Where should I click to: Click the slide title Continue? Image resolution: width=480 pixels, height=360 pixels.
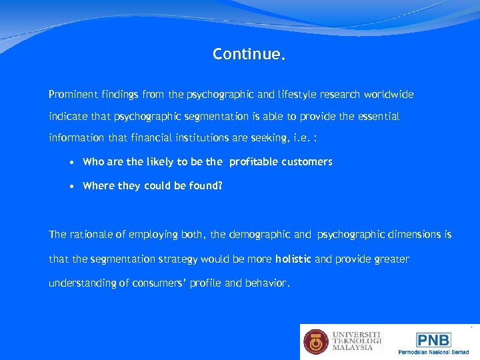point(249,54)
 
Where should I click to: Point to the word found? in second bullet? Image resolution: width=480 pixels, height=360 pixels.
point(204,186)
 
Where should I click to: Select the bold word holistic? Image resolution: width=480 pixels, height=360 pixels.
point(293,259)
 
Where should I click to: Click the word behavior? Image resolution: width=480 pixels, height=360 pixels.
point(267,283)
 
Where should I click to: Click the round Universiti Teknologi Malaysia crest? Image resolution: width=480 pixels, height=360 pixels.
point(316,341)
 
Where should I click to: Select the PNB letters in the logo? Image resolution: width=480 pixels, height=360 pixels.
point(433,339)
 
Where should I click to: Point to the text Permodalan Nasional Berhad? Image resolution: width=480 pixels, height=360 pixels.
point(433,352)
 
